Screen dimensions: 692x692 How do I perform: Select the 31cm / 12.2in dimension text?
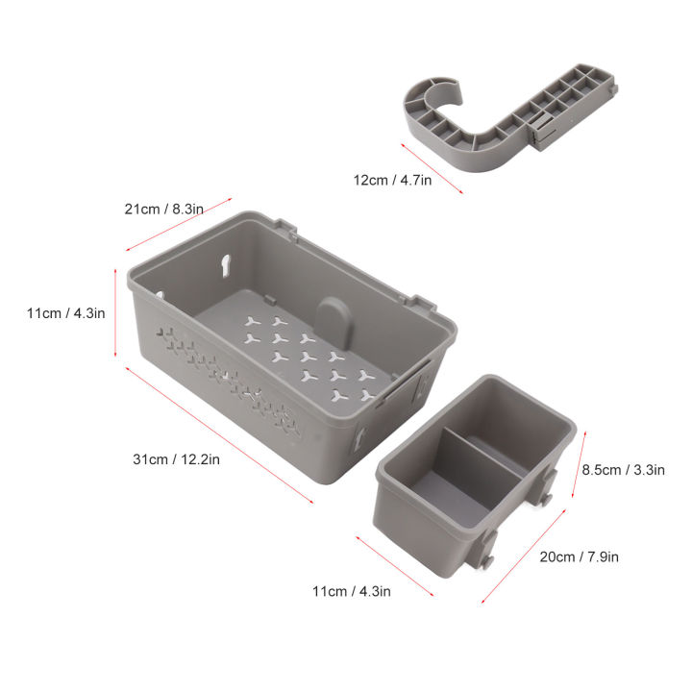(177, 459)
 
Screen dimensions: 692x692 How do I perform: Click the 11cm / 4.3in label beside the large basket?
(66, 313)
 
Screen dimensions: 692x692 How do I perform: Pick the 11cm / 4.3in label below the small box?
(352, 591)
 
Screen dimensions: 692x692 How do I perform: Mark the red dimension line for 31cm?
(219, 432)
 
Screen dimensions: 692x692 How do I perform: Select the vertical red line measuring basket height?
(116, 311)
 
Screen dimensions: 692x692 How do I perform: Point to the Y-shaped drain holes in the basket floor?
(308, 356)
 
